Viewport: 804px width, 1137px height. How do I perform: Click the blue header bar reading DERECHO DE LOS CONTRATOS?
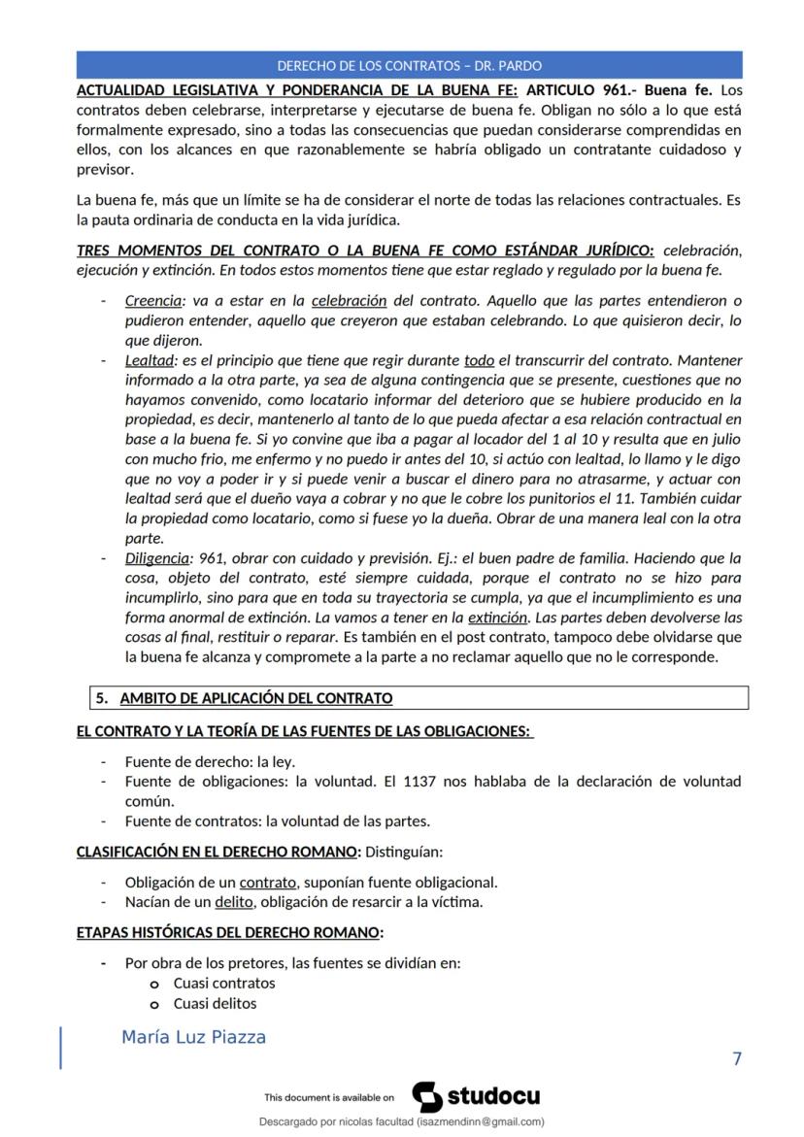tap(409, 65)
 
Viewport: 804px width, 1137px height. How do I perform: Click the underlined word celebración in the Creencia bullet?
tap(350, 301)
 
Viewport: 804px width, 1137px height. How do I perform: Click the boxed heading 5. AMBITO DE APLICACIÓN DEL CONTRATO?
tap(256, 698)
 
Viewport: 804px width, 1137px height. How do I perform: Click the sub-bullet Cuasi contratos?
tap(224, 984)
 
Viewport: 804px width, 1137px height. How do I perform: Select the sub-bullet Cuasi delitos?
tap(215, 1003)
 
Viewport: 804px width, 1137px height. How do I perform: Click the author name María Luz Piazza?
tap(193, 1038)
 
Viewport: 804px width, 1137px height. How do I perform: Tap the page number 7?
tap(736, 1058)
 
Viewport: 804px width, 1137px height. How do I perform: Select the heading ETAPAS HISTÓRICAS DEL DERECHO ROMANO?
tap(229, 933)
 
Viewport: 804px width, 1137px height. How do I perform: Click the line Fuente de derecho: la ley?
tap(210, 761)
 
